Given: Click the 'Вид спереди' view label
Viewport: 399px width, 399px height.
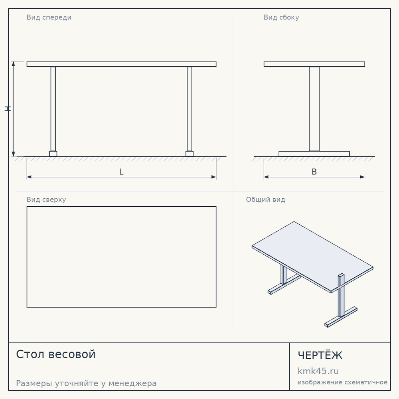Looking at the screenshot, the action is pyautogui.click(x=49, y=18).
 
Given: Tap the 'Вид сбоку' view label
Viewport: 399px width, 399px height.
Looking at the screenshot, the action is pyautogui.click(x=281, y=17).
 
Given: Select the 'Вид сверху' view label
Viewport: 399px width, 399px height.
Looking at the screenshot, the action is pyautogui.click(x=46, y=199).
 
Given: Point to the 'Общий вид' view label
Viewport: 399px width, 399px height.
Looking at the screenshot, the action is pyautogui.click(x=265, y=199).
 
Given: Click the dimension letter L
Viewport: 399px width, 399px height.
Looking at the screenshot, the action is pyautogui.click(x=121, y=172).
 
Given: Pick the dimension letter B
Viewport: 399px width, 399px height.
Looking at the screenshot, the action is pyautogui.click(x=314, y=172).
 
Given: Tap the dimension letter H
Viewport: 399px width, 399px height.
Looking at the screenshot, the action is pyautogui.click(x=8, y=109).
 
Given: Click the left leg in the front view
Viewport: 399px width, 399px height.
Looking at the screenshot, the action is pyautogui.click(x=53, y=109).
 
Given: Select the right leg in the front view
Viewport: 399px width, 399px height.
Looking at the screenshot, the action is pyautogui.click(x=190, y=109).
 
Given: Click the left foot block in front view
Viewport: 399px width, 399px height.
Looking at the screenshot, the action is pyautogui.click(x=53, y=154).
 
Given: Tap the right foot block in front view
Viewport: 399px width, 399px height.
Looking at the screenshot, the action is pyautogui.click(x=190, y=154).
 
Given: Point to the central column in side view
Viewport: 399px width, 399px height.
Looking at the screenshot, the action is pyautogui.click(x=314, y=109).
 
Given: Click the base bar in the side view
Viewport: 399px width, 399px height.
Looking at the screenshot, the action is pyautogui.click(x=314, y=154).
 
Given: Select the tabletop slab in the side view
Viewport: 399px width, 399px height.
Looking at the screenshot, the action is pyautogui.click(x=314, y=64).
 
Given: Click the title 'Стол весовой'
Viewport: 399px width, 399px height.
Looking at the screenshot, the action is pyautogui.click(x=56, y=354).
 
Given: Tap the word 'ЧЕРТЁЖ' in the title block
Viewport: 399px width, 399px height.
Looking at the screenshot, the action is pyautogui.click(x=320, y=355).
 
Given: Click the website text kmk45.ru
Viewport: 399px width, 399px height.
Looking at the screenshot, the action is pyautogui.click(x=318, y=371).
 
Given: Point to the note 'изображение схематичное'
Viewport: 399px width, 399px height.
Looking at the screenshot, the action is pyautogui.click(x=342, y=383).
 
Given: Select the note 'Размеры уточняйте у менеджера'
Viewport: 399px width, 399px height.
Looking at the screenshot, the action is pyautogui.click(x=86, y=383).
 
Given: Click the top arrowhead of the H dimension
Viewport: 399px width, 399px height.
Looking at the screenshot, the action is pyautogui.click(x=14, y=63).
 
